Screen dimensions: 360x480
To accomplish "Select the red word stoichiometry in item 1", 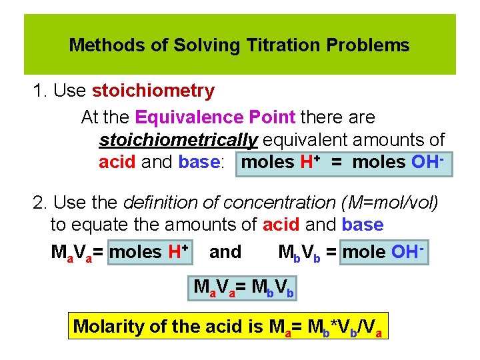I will [x=153, y=91].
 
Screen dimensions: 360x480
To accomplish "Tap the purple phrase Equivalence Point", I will [x=215, y=117].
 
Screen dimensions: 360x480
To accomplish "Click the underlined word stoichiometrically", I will [x=178, y=140].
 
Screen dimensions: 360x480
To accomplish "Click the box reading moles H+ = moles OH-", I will [x=344, y=163].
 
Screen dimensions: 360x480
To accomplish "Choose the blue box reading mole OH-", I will [x=383, y=252].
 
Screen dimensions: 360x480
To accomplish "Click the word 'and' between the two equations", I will [x=225, y=252].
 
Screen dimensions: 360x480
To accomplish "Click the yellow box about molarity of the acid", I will [x=229, y=327].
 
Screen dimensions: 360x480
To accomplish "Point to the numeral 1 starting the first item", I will [x=37, y=91].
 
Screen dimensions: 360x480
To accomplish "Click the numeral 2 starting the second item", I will [x=37, y=202].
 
